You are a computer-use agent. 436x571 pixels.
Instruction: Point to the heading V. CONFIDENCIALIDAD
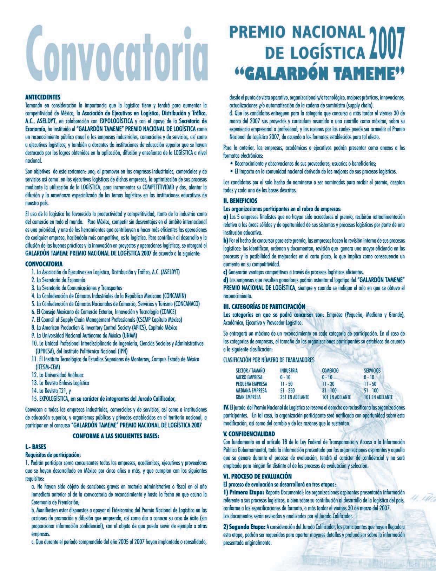[249, 433]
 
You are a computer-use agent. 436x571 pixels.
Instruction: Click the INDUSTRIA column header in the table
[289, 370]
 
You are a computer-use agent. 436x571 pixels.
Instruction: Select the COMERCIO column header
[330, 370]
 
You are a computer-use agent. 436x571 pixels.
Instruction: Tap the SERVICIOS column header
[372, 370]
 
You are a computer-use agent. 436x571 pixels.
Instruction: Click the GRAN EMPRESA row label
[248, 397]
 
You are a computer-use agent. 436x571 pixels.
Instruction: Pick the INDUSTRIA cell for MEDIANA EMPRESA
[288, 390]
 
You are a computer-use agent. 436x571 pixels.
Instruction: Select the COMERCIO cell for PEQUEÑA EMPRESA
[329, 383]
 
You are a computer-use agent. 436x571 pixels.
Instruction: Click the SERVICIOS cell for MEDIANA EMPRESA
[371, 390]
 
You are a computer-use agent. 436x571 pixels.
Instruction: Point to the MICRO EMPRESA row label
[249, 377]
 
